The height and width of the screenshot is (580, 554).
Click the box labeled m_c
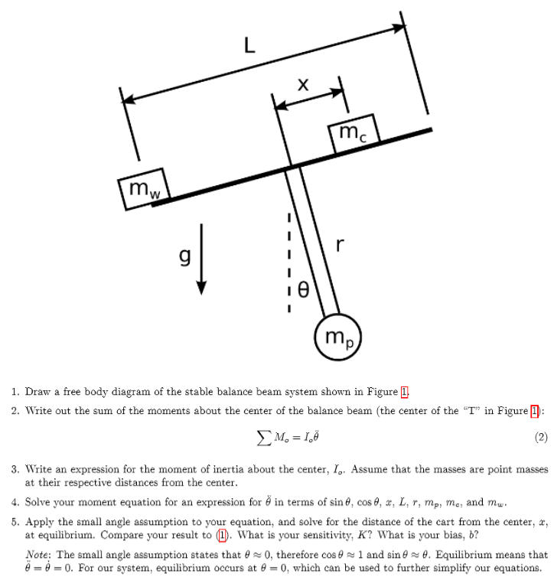pyautogui.click(x=353, y=133)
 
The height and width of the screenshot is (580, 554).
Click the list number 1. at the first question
pyautogui.click(x=15, y=392)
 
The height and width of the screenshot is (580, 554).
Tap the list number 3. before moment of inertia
pyautogui.click(x=15, y=467)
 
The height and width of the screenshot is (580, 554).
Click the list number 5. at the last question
pyautogui.click(x=15, y=519)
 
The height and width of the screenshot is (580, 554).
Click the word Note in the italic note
pyautogui.click(x=37, y=554)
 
